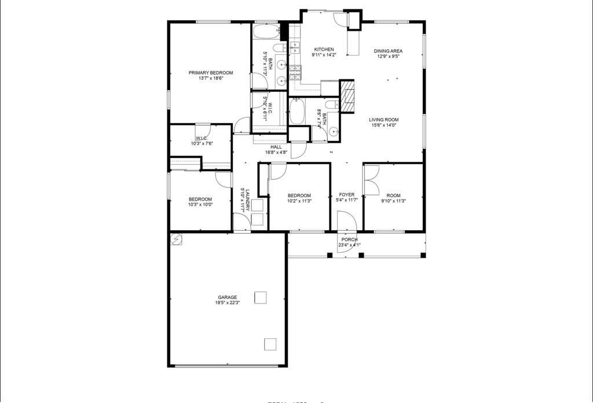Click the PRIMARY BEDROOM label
click(x=211, y=73)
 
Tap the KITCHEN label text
click(x=324, y=49)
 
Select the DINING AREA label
click(x=388, y=51)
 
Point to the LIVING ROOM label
click(x=384, y=120)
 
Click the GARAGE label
click(x=227, y=297)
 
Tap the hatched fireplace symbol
click(x=347, y=95)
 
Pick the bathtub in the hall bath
click(x=296, y=111)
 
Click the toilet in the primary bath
click(x=279, y=47)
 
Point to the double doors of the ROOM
click(x=371, y=180)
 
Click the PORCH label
click(x=349, y=239)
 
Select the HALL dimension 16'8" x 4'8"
click(x=276, y=153)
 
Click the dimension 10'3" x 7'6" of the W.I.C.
click(x=202, y=143)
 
